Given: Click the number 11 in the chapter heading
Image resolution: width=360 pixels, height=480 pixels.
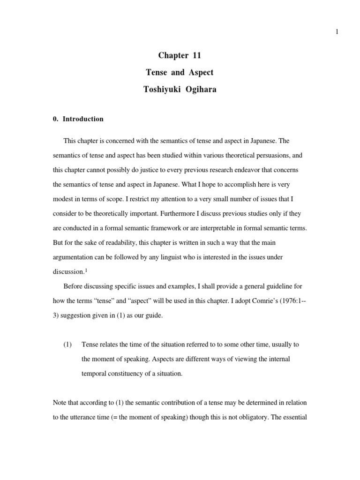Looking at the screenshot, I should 195,56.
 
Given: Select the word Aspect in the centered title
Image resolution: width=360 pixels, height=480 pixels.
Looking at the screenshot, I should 201,73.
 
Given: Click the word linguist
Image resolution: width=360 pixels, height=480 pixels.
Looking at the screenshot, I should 172,258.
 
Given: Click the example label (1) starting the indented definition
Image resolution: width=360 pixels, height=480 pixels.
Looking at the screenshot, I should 68,345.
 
